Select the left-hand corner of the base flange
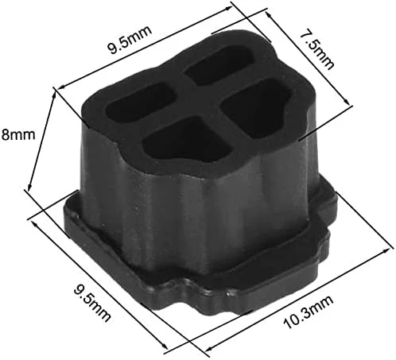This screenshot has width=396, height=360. click(x=65, y=216)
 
